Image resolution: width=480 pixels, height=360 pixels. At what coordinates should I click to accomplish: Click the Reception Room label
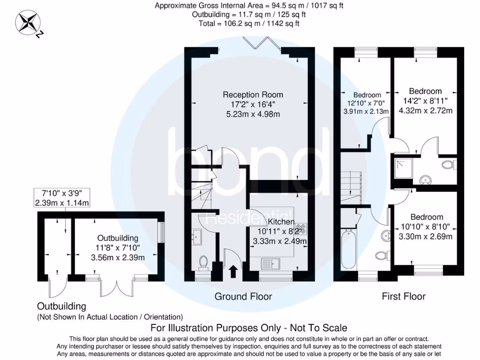tap(253, 95)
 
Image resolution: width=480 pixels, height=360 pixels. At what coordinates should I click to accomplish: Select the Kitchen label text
tap(281, 222)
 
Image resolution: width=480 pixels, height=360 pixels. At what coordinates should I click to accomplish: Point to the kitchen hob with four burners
tap(300, 230)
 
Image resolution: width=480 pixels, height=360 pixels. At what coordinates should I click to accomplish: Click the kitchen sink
tap(271, 263)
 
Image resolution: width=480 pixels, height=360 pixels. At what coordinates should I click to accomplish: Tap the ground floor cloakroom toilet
tap(203, 262)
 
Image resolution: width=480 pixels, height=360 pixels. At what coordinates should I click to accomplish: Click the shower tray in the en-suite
tap(403, 169)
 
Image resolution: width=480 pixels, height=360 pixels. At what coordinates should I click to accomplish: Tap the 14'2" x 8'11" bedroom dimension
tap(425, 101)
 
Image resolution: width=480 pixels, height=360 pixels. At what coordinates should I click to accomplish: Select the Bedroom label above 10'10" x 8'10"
tap(427, 217)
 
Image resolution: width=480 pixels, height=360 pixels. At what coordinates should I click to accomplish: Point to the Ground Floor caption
tap(243, 296)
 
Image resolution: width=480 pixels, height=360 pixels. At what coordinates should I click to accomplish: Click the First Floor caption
tap(404, 296)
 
